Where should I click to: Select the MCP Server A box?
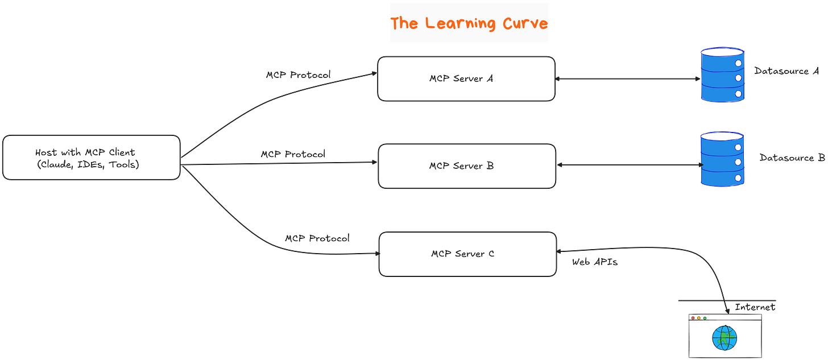(x=466, y=78)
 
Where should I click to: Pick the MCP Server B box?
(x=466, y=166)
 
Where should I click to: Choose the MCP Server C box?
(x=467, y=254)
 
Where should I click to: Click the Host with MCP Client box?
(x=91, y=158)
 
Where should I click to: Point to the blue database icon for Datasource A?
(x=722, y=76)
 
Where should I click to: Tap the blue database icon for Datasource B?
(x=722, y=159)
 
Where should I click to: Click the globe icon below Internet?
(x=724, y=338)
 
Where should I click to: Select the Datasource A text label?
(x=785, y=72)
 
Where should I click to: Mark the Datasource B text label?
(x=792, y=158)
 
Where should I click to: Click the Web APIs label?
(x=595, y=263)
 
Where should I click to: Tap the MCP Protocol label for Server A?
(x=298, y=75)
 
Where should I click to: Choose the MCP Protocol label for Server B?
(x=293, y=154)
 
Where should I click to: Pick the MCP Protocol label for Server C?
(x=317, y=238)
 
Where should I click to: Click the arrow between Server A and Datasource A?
(x=628, y=79)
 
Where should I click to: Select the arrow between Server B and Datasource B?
(x=628, y=165)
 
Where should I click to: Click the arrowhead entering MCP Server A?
(x=375, y=73)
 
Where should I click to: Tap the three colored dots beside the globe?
(x=698, y=317)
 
